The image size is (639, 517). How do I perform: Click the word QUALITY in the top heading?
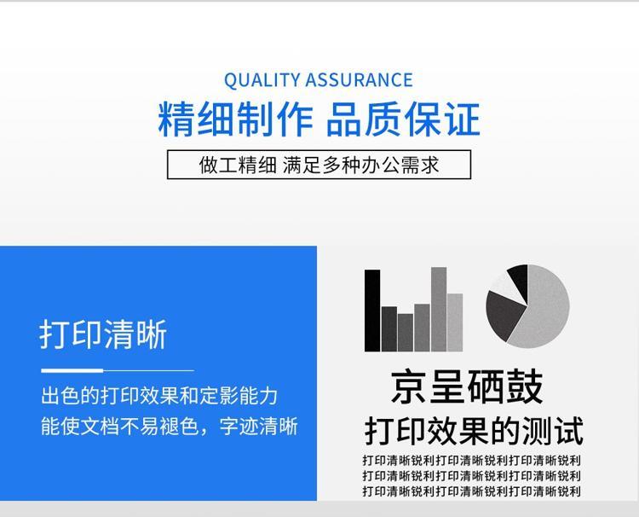pos(262,80)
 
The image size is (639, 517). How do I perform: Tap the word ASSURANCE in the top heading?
pos(359,80)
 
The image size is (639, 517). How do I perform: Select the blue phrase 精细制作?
pos(235,119)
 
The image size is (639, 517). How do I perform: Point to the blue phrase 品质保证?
pos(403,119)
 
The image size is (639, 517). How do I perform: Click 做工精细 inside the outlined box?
pos(238,165)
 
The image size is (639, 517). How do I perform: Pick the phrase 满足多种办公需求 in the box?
pos(360,165)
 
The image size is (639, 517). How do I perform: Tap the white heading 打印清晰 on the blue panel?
pos(103,334)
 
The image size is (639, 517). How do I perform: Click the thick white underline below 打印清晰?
pos(72,370)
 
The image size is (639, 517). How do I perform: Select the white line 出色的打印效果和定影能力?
pos(159,396)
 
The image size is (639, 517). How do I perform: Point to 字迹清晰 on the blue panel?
pos(259,427)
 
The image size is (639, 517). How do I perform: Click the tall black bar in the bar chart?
pos(372,311)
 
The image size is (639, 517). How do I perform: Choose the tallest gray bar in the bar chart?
pos(439,309)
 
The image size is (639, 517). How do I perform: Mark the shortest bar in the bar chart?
pos(406,333)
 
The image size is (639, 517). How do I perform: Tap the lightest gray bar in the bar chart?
pos(455,322)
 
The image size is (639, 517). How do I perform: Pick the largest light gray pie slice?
pos(544,311)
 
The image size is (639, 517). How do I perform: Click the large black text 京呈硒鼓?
pos(467,386)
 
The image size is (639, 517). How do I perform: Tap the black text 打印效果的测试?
pos(474,431)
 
